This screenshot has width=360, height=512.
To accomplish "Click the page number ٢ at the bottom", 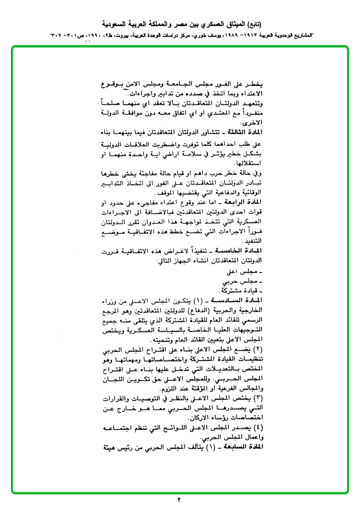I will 180,500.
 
